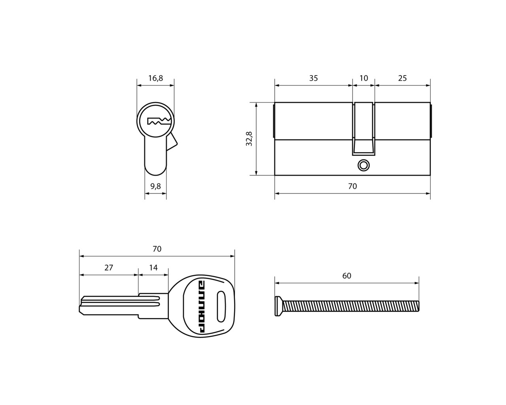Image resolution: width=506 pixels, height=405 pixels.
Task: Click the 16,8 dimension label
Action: click(x=155, y=78)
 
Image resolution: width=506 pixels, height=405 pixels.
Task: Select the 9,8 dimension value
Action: click(x=155, y=186)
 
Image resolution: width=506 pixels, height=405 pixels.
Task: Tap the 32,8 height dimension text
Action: click(x=249, y=139)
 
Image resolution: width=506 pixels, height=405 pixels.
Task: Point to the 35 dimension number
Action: click(x=313, y=78)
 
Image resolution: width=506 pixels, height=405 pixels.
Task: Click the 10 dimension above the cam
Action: click(x=364, y=78)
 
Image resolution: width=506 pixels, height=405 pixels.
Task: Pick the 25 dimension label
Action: click(x=402, y=78)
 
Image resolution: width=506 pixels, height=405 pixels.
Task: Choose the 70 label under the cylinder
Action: click(x=353, y=186)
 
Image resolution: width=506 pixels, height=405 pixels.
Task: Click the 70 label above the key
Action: click(x=157, y=249)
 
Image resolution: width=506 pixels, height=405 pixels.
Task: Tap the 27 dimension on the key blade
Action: click(x=109, y=268)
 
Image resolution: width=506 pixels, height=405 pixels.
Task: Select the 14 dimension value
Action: click(x=153, y=268)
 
